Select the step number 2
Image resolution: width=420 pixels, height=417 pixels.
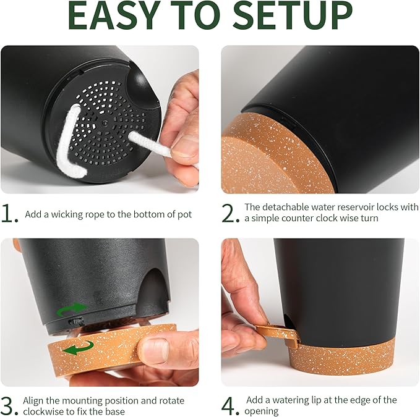coord(229,214)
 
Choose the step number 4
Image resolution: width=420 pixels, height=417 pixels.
coord(230,406)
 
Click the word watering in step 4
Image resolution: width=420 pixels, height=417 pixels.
coord(291,400)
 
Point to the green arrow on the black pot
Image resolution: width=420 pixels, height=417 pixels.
coord(73,310)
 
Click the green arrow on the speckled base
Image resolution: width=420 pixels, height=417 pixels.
coord(78,348)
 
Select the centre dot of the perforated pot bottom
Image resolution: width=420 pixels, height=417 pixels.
coord(105,124)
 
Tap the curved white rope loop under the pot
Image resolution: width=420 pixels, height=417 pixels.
coord(69,142)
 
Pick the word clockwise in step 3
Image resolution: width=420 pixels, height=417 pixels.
coord(41,411)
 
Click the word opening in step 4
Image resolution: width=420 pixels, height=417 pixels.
coord(261,411)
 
